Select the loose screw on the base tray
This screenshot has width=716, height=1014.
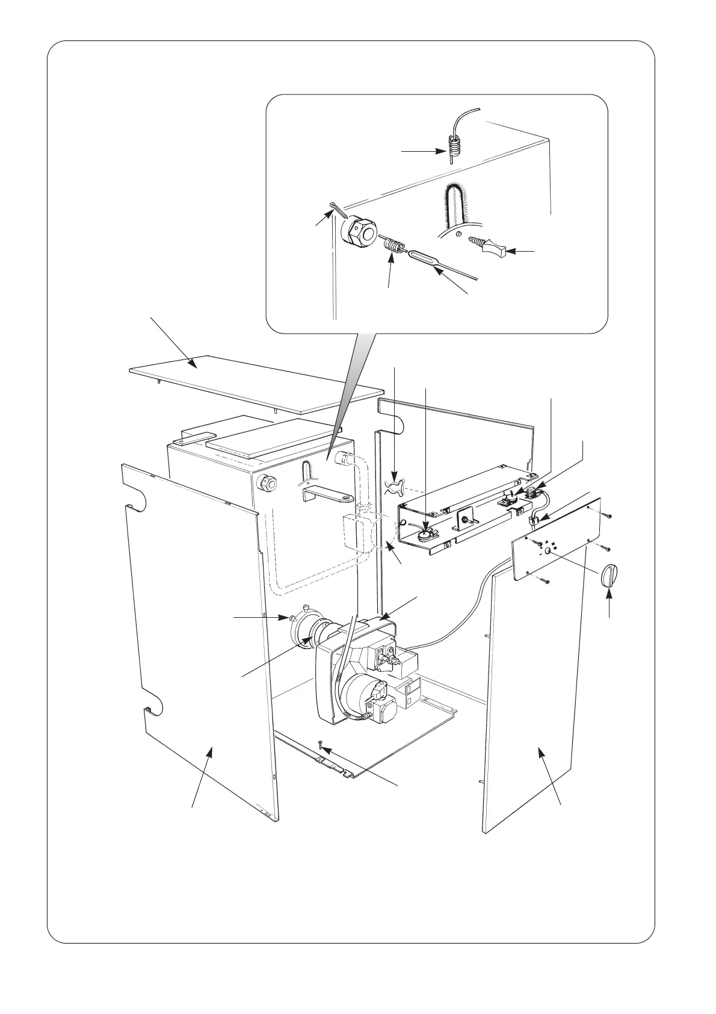tap(322, 747)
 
